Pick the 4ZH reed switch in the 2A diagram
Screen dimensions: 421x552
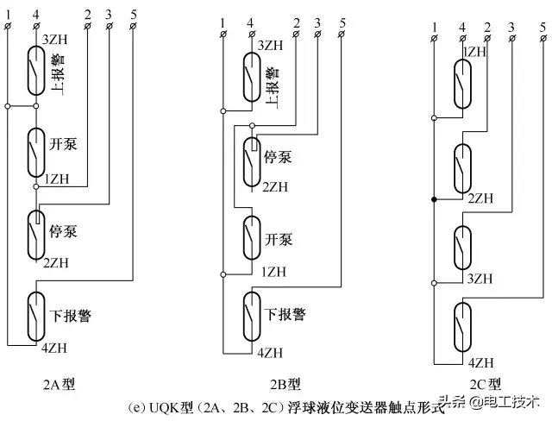[36, 316]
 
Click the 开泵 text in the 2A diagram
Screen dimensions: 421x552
[63, 143]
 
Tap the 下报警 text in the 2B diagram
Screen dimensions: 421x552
[285, 314]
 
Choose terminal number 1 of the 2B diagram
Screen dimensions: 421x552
[223, 21]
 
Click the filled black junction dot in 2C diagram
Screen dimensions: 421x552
[433, 199]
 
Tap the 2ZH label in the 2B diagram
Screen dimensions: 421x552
[275, 186]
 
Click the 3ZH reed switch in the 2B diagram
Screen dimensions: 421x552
[252, 74]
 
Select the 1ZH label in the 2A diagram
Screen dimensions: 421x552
[57, 179]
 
